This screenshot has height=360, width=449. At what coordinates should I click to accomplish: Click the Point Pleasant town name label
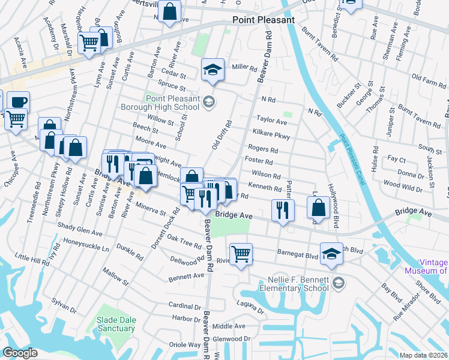pos(264,20)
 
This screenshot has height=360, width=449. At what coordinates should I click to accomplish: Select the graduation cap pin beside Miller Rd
pos(212,70)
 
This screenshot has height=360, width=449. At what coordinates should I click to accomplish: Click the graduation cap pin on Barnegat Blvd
pos(331,253)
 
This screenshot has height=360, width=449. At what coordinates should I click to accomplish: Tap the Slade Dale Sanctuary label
pos(116,324)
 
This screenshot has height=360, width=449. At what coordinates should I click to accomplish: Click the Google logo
pos(20,353)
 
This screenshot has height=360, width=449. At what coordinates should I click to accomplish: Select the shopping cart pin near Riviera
pos(241,254)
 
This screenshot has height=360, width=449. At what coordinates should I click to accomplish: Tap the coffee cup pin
pos(17,101)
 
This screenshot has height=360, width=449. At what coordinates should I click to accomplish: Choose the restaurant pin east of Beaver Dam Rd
pos(282,209)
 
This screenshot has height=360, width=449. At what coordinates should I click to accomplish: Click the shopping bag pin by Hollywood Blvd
pos(319,208)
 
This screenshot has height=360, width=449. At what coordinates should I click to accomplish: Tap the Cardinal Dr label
pos(184,306)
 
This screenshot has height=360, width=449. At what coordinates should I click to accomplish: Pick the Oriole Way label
pos(186,344)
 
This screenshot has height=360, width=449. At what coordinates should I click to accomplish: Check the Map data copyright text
pos(423,355)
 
